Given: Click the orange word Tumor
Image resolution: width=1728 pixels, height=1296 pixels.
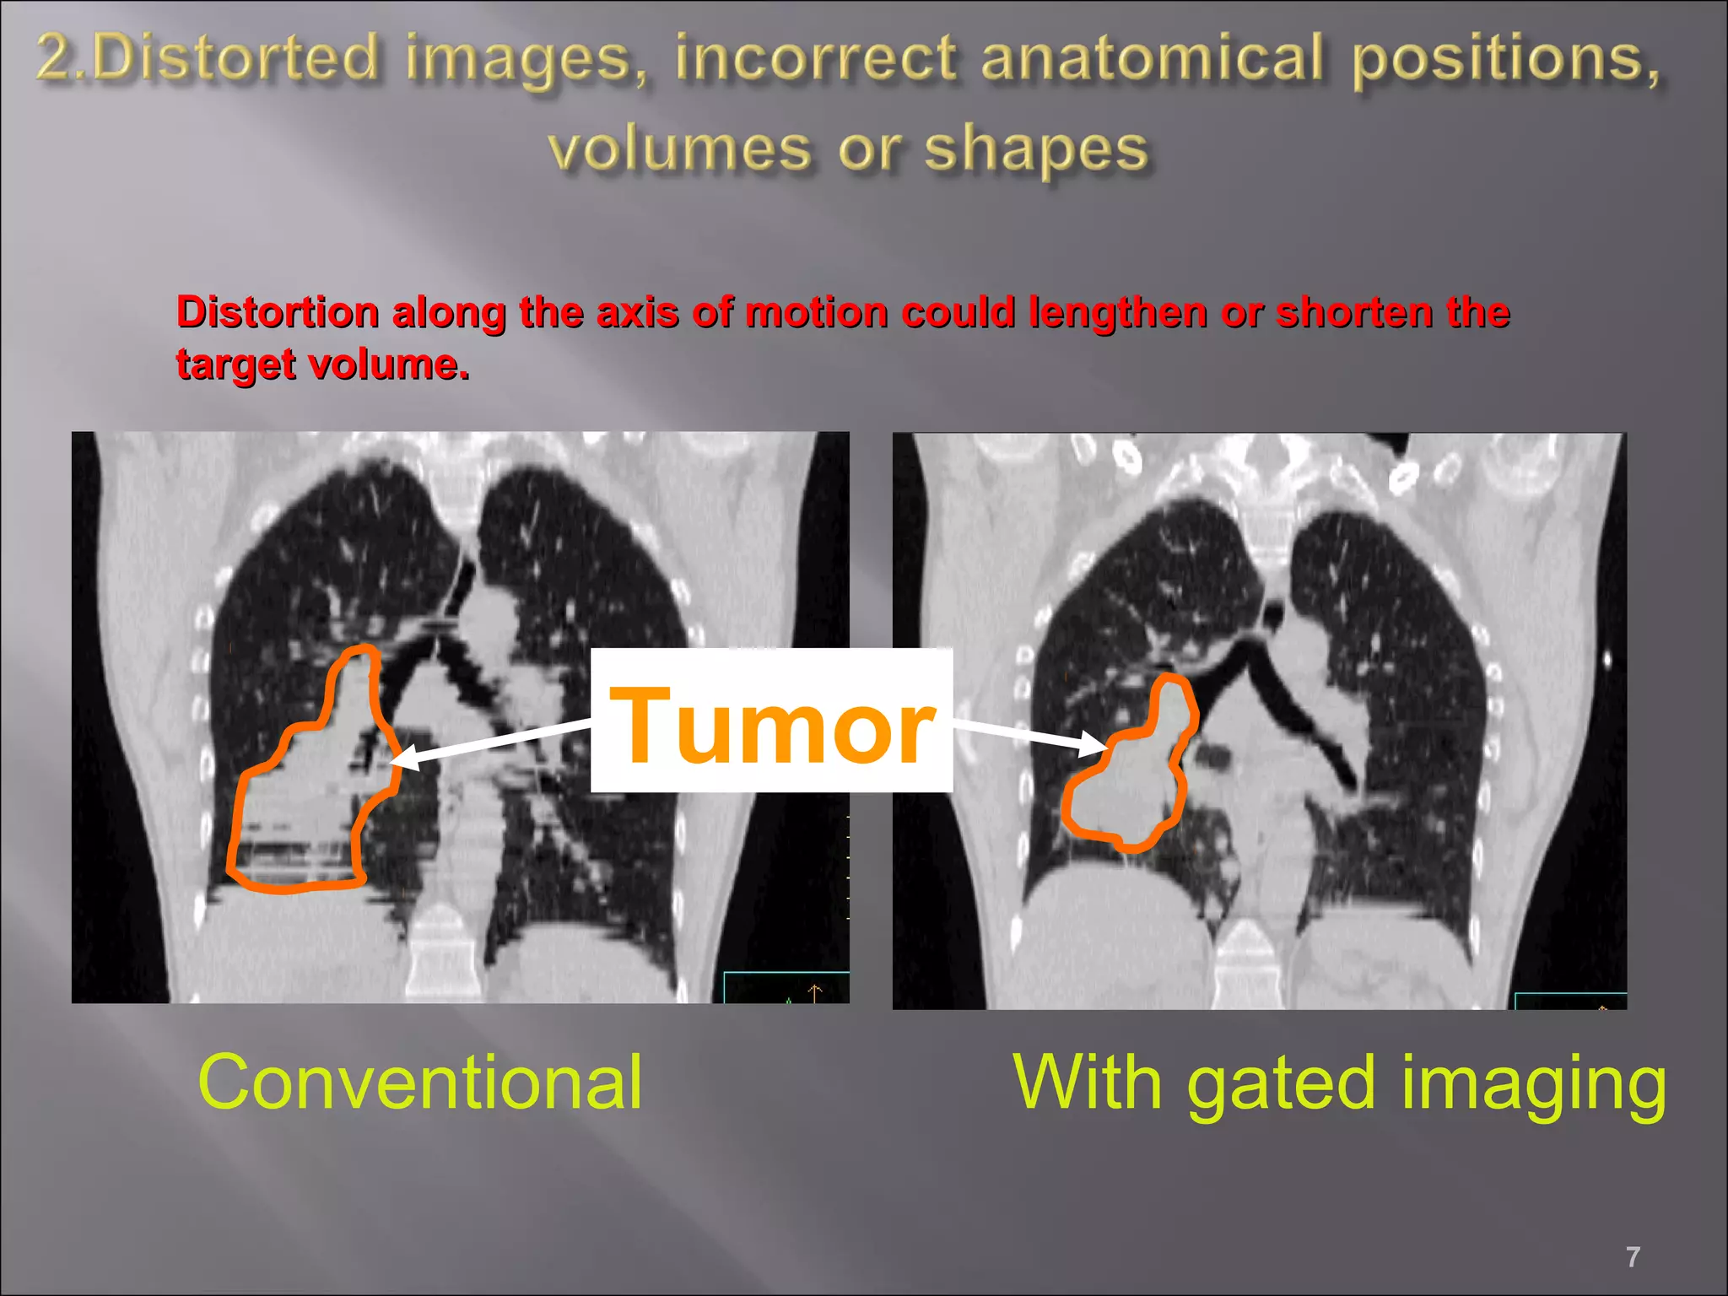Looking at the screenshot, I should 772,724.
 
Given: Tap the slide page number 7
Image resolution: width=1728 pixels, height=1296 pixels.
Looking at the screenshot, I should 1633,1257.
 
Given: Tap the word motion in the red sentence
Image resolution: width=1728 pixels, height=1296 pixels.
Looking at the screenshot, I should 815,312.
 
